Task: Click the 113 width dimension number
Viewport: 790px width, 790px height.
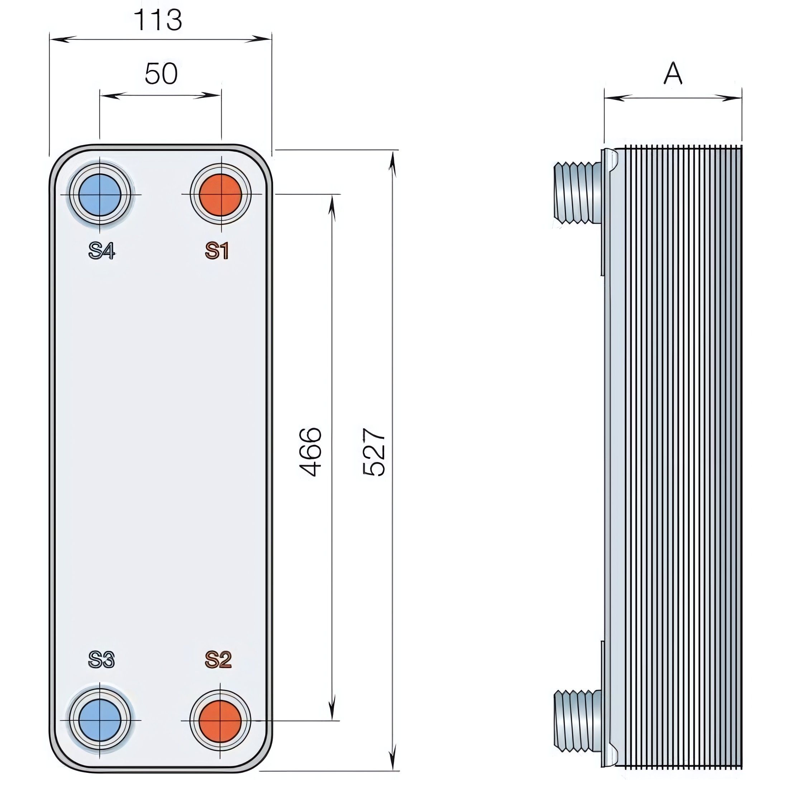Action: [x=158, y=20]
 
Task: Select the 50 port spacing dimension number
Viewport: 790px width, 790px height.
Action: [x=161, y=74]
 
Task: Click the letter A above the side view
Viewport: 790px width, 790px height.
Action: [x=673, y=74]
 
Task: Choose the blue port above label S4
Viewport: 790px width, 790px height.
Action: [x=100, y=195]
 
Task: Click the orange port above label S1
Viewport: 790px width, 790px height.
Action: [x=220, y=195]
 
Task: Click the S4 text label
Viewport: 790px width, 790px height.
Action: [x=102, y=251]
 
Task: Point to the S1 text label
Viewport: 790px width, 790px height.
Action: [x=217, y=251]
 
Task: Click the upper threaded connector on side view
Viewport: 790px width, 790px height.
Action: [x=577, y=193]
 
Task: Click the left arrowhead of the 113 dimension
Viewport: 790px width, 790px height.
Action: [x=61, y=39]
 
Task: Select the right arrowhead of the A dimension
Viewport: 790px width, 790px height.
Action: [x=732, y=98]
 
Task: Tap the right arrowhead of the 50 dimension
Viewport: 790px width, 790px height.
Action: [x=211, y=96]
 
